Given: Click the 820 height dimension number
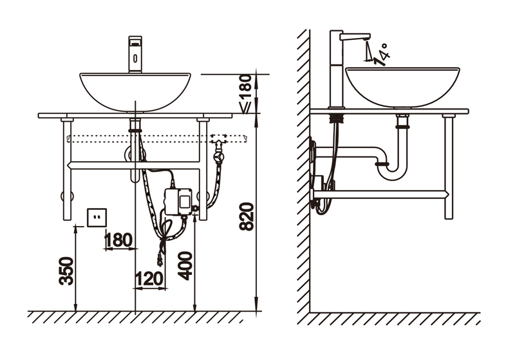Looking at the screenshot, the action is pos(247,217).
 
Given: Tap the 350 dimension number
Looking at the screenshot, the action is pos(66,271).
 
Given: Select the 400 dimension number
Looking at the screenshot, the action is pos(185,266).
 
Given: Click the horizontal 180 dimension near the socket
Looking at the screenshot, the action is pos(118,240).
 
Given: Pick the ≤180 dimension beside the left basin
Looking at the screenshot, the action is pos(247,94).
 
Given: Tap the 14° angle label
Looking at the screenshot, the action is pos(382,55).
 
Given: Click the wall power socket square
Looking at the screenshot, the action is pos(97,218).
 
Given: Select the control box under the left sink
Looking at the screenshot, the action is pos(178,202).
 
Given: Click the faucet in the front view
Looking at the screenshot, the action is pos(135,54).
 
